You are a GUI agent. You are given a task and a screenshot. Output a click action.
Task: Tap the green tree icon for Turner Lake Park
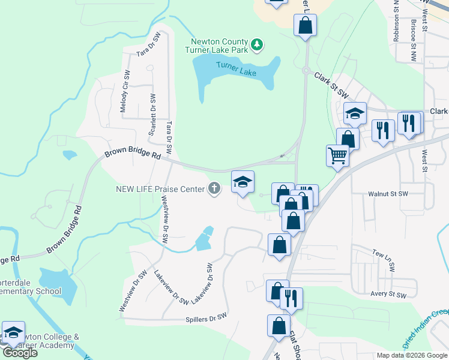pos(257,44)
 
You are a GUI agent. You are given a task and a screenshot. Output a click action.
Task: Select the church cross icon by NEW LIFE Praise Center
pos(214,189)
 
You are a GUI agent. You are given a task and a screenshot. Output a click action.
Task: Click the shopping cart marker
pos(338,155)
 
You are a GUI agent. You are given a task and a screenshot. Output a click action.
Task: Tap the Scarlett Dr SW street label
pos(152,114)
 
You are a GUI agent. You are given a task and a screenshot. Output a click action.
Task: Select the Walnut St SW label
pos(388,194)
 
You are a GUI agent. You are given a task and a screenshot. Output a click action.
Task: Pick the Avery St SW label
pos(388,295)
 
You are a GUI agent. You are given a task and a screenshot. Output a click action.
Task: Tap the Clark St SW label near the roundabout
pos(331,85)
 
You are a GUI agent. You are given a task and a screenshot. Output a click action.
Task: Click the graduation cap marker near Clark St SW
pos(355,113)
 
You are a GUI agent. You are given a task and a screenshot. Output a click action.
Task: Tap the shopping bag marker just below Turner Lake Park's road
pos(305,25)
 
